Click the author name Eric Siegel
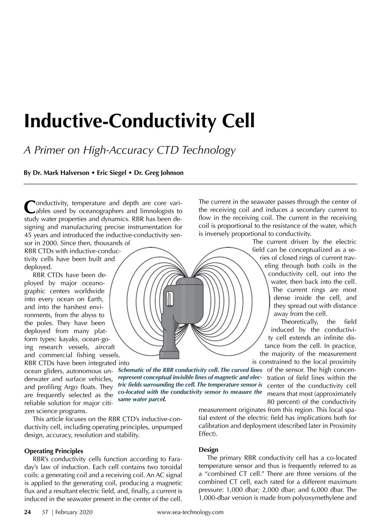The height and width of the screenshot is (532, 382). (x=111, y=173)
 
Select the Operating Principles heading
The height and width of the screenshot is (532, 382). (x=53, y=451)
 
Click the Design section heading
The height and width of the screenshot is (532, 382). (x=208, y=450)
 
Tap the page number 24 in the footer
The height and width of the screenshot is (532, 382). (x=28, y=512)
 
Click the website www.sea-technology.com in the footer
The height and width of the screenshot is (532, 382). (x=190, y=512)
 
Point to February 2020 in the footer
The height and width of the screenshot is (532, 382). (x=74, y=512)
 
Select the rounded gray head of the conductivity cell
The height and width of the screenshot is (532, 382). (x=189, y=296)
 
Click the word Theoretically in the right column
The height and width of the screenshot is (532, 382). (x=299, y=322)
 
